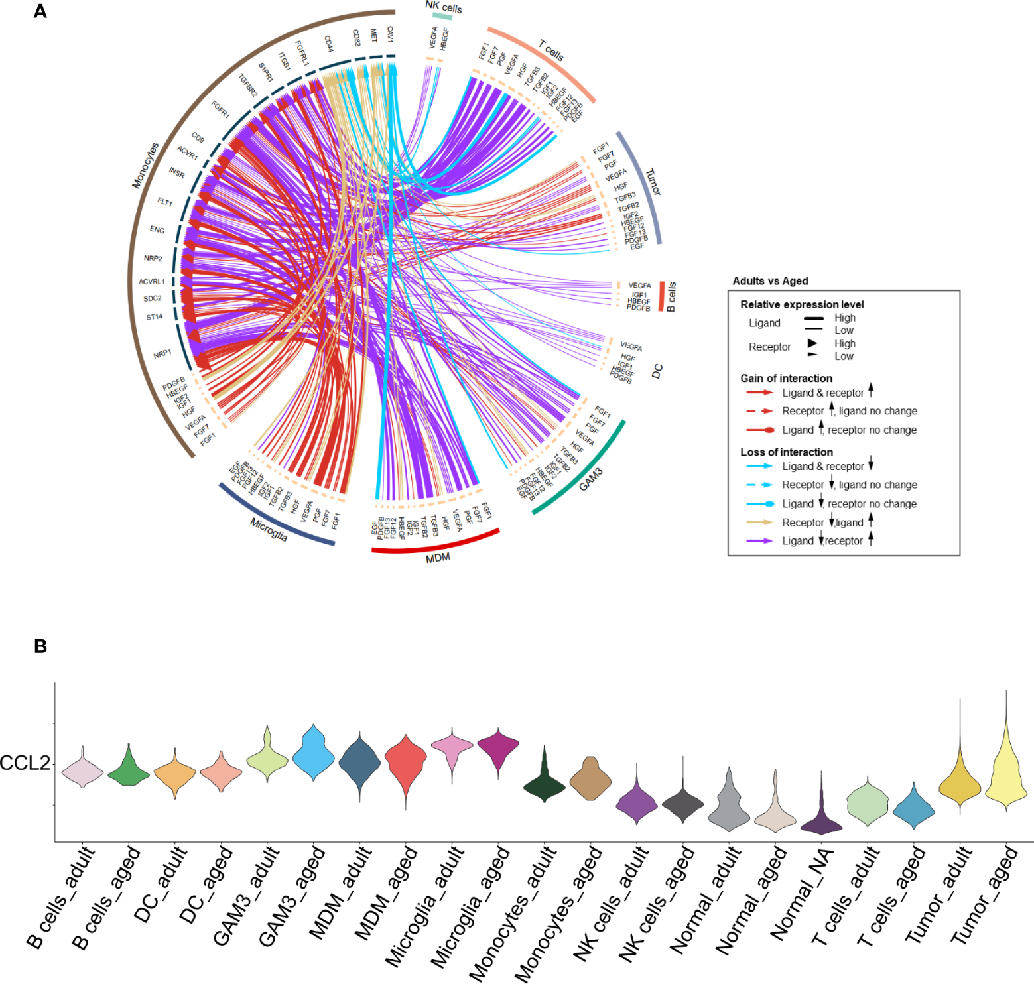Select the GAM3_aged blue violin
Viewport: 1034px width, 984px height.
pos(312,753)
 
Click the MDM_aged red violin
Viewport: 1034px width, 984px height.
pos(405,763)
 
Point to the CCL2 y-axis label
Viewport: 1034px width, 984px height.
pos(25,763)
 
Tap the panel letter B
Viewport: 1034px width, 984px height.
pos(40,646)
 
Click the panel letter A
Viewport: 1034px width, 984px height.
pos(40,11)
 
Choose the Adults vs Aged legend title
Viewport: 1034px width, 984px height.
pos(770,281)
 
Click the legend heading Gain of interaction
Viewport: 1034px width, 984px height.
pos(786,379)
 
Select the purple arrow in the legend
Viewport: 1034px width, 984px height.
pos(759,541)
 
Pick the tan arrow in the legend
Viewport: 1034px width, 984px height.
pos(759,523)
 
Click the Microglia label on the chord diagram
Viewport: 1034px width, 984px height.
pos(269,529)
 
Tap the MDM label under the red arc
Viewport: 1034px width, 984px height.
pos(438,558)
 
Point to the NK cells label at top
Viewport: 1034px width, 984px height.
pos(444,7)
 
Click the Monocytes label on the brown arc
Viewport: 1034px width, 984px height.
pos(145,165)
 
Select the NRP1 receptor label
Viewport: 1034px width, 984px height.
pos(162,355)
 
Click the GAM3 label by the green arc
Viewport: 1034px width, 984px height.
pos(591,479)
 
